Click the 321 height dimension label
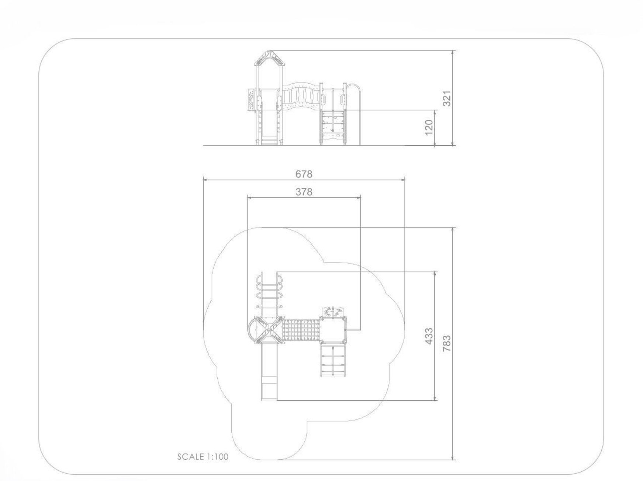coord(447,98)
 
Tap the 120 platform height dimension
coord(428,127)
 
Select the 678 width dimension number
coord(304,174)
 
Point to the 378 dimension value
coord(304,192)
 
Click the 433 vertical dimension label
coord(429,336)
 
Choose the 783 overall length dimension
coord(446,343)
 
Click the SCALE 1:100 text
coord(203,457)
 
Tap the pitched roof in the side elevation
coord(270,58)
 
